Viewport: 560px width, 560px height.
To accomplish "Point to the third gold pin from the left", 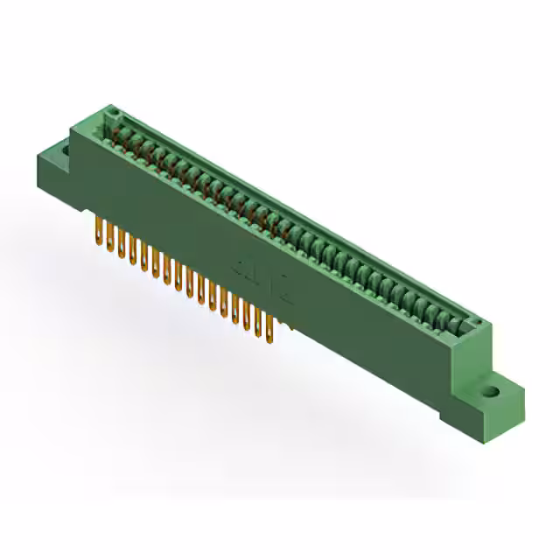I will click(x=121, y=245).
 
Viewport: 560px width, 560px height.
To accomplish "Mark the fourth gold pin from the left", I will click(x=132, y=251).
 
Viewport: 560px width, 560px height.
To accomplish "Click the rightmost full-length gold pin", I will click(x=269, y=328).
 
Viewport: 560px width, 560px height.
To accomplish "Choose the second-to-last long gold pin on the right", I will click(x=258, y=322).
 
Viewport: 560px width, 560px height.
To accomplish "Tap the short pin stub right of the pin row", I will click(x=284, y=326).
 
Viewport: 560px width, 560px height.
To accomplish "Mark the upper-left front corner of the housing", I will click(x=73, y=140).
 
